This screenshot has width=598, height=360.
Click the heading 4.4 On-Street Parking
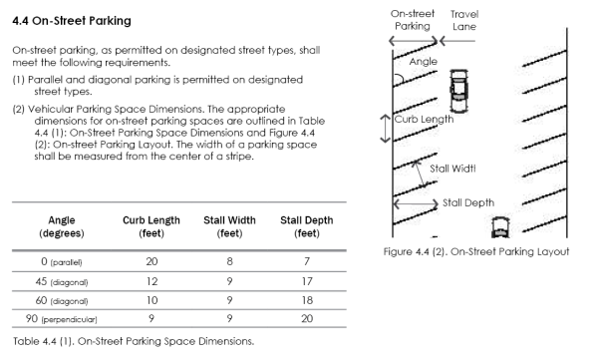point(72,21)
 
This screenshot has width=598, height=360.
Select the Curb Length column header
point(151,226)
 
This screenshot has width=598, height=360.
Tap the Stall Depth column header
point(307,226)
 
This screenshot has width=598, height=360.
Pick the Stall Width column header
point(229,226)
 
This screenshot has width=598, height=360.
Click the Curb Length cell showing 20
point(151,261)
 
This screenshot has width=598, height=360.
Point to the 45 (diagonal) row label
point(62,282)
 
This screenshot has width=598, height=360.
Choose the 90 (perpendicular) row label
point(62,318)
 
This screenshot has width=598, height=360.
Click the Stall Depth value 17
point(307,281)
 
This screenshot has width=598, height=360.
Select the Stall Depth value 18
point(307,300)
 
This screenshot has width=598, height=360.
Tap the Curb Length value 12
point(151,281)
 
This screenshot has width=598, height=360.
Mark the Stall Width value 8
point(229,261)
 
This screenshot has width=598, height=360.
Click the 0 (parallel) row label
point(62,262)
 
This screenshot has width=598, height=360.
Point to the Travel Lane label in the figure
point(464,20)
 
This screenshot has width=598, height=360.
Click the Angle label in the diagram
point(424,62)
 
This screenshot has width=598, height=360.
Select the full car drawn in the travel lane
point(458,91)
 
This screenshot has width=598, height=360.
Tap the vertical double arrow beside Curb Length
point(386,129)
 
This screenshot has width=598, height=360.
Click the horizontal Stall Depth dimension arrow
point(416,203)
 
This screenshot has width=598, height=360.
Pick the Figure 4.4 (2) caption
point(476,251)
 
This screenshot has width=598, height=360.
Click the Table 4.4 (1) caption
point(134,341)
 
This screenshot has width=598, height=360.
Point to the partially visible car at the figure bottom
point(500,227)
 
